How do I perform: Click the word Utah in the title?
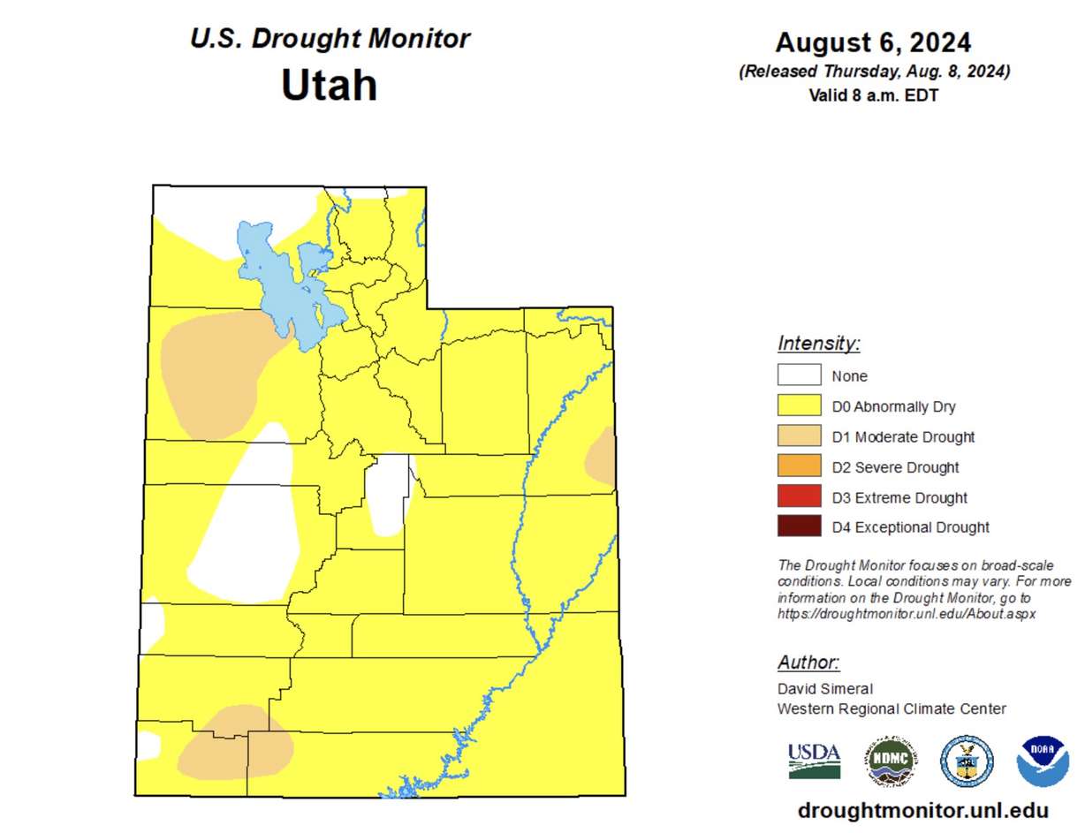[329, 86]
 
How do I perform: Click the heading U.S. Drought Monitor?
[330, 39]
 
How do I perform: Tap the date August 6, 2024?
[873, 42]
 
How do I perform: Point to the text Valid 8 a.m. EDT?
[873, 95]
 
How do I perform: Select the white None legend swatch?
[799, 375]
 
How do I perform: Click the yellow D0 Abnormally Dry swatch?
[799, 406]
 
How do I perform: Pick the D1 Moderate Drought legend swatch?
[799, 436]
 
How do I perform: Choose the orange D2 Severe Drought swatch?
[799, 466]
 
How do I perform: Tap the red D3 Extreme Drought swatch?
[799, 496]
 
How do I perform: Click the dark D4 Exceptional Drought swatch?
[799, 526]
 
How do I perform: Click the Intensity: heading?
[818, 343]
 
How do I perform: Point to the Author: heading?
[808, 663]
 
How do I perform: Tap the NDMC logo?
[890, 761]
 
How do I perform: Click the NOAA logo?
[1043, 761]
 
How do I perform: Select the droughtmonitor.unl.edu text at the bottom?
[922, 810]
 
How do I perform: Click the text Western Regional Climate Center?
[892, 708]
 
